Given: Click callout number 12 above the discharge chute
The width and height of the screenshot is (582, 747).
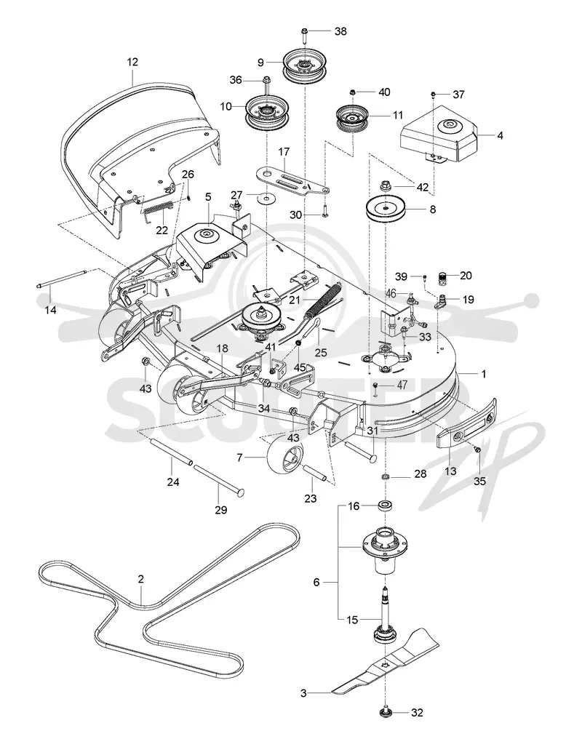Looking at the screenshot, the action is tap(132, 62).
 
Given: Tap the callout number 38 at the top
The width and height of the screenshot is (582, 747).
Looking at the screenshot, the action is tap(340, 31).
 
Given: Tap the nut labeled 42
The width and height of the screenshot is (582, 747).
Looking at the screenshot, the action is tap(385, 184).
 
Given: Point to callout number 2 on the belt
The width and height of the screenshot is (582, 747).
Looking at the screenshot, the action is tap(140, 579).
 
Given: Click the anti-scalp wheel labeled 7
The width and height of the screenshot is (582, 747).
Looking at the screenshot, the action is tap(285, 456).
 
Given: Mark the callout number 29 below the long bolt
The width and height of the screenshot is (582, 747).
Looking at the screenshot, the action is tap(220, 510).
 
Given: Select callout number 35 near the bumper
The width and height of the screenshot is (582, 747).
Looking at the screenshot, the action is tap(480, 482).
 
